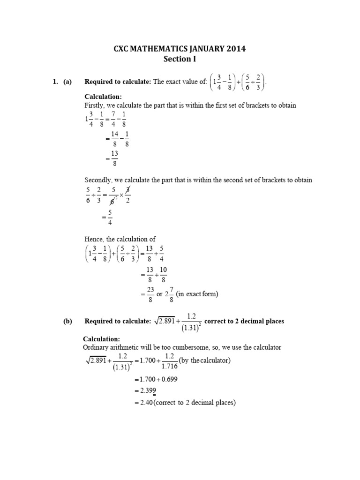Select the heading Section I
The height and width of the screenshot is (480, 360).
tap(180, 59)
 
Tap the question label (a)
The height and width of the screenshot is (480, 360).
tap(67, 82)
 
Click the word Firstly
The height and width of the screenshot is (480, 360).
tap(95, 105)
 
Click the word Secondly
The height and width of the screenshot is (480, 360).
tap(99, 180)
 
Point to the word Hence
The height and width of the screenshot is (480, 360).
tap(95, 239)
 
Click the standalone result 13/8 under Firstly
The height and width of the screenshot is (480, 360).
tap(114, 159)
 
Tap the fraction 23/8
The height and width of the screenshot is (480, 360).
tap(150, 295)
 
